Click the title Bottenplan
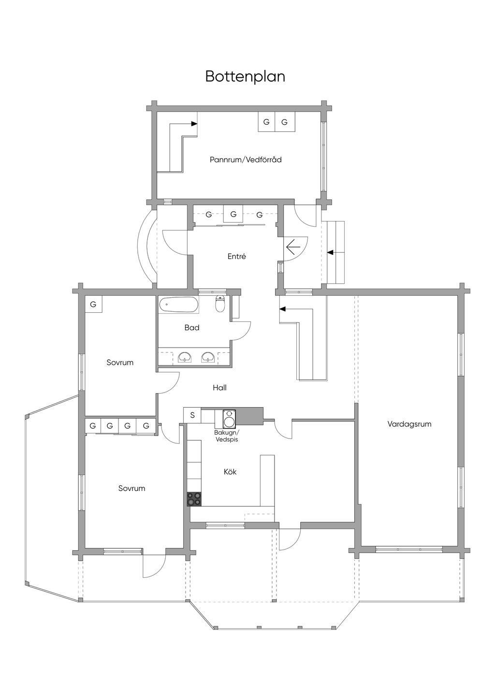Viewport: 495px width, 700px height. click(245, 76)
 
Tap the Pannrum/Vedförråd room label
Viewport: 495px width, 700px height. click(246, 160)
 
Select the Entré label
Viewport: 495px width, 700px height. click(236, 256)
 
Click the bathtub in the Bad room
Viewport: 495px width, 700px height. click(178, 304)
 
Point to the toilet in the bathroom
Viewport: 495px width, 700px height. click(220, 303)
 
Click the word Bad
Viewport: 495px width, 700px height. click(192, 327)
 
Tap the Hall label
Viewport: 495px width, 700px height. click(219, 388)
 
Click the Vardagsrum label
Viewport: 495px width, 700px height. click(409, 424)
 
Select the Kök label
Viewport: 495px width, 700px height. click(230, 471)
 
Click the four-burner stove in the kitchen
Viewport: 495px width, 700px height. click(194, 499)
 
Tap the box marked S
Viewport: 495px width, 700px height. click(192, 415)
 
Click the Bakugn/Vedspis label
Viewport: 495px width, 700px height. click(227, 436)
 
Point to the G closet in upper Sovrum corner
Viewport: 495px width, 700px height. click(93, 304)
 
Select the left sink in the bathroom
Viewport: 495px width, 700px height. click(186, 357)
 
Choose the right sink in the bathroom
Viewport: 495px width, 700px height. click(208, 357)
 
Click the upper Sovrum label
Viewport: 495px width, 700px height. click(120, 363)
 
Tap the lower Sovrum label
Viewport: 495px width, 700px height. click(131, 488)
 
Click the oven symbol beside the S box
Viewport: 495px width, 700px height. click(229, 419)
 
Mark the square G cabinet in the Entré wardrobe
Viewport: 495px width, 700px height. click(233, 214)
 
